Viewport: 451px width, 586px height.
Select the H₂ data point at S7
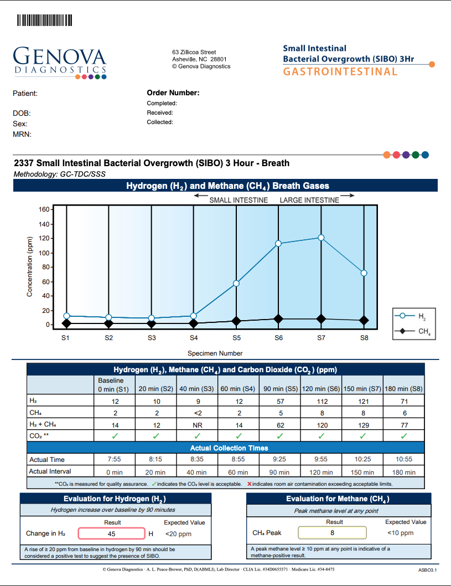pyautogui.click(x=321, y=238)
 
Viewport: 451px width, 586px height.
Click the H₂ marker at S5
pyautogui.click(x=236, y=284)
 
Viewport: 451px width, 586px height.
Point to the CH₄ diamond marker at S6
pyautogui.click(x=278, y=318)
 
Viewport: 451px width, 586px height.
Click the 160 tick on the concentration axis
pyautogui.click(x=43, y=210)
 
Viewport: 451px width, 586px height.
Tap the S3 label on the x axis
pyautogui.click(x=151, y=338)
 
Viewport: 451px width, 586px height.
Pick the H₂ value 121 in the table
pyautogui.click(x=362, y=400)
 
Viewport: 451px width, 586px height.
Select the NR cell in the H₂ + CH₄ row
pyautogui.click(x=196, y=425)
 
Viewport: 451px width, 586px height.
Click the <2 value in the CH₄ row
pyautogui.click(x=196, y=413)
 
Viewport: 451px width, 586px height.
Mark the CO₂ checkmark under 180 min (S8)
pyautogui.click(x=404, y=436)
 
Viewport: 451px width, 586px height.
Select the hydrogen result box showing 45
pyautogui.click(x=111, y=534)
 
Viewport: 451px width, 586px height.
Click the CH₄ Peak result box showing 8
pyautogui.click(x=333, y=533)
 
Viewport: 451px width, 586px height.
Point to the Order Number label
pyautogui.click(x=173, y=93)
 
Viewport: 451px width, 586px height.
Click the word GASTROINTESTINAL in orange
pyautogui.click(x=340, y=71)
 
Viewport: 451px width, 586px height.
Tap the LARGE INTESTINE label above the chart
pyautogui.click(x=309, y=200)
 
